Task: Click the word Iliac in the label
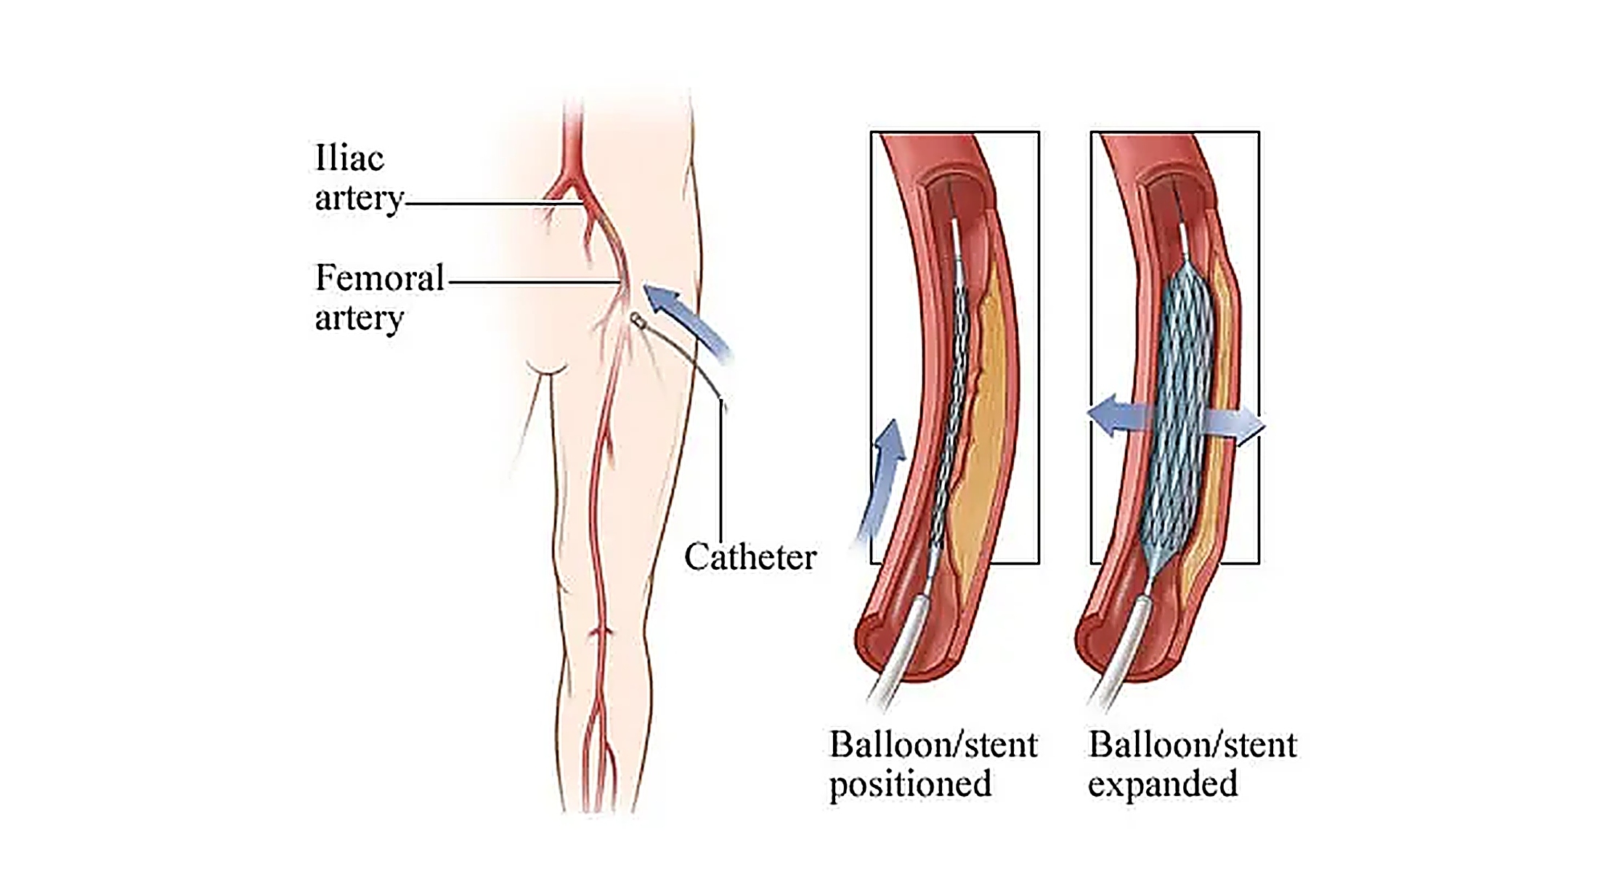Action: click(x=349, y=158)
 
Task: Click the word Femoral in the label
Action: click(x=380, y=278)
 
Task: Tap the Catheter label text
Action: click(x=750, y=557)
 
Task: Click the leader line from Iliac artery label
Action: click(x=494, y=204)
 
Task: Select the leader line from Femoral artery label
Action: click(x=535, y=282)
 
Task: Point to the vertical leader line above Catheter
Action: click(x=721, y=469)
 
